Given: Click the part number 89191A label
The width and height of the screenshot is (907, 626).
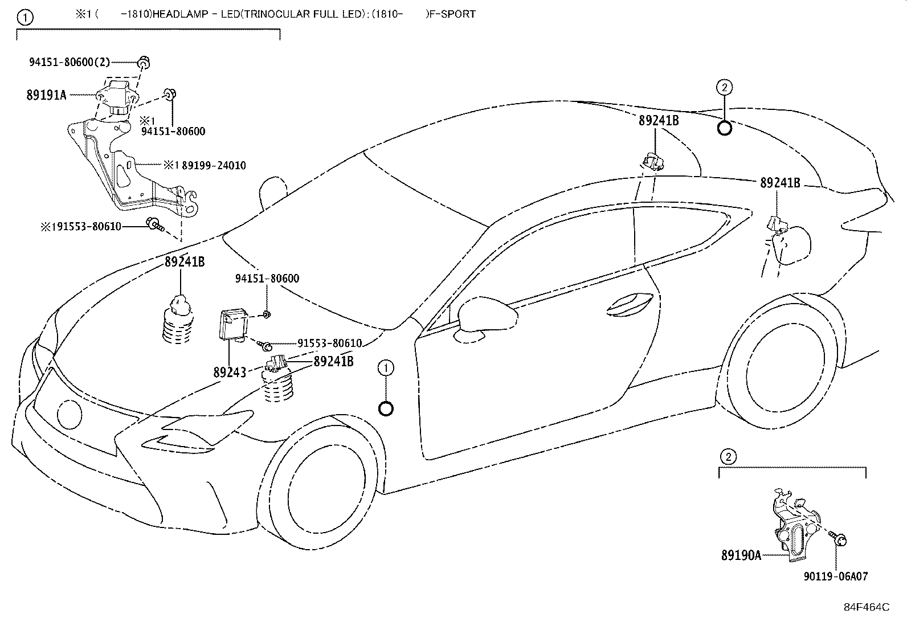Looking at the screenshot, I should [x=46, y=95].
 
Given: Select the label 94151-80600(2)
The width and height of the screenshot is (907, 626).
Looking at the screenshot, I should [x=70, y=63].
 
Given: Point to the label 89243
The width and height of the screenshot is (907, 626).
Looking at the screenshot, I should [x=230, y=373].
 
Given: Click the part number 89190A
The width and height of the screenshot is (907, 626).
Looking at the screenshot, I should [x=741, y=555].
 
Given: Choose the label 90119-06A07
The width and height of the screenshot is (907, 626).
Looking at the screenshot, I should [x=836, y=576].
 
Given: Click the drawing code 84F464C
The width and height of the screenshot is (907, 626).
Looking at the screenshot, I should [x=866, y=607].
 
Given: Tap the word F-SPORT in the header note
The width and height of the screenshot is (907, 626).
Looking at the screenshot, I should [x=453, y=14].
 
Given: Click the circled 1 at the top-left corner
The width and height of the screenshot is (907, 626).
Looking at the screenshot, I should [x=24, y=18].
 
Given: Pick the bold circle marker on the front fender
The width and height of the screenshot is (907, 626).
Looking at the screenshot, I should [x=386, y=408].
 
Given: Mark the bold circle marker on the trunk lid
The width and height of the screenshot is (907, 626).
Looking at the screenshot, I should [x=724, y=128].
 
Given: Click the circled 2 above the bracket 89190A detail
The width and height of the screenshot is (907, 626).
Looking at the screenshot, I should [x=728, y=456].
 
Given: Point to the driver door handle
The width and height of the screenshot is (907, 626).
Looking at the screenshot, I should [x=628, y=305].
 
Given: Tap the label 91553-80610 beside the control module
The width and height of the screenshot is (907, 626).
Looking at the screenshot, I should [x=329, y=343].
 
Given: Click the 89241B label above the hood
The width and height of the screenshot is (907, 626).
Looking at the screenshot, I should [x=185, y=262].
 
